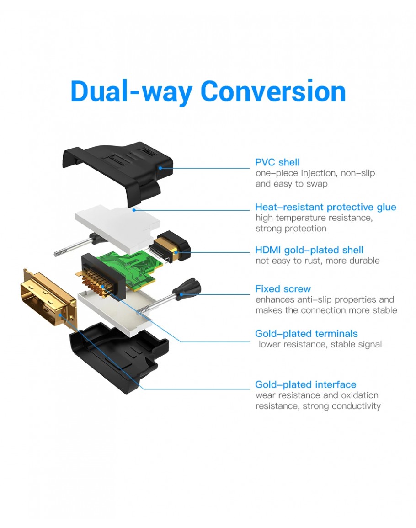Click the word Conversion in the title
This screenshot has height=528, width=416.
point(273,91)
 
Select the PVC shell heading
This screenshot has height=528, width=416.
point(277,162)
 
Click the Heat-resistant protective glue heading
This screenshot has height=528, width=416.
point(325,207)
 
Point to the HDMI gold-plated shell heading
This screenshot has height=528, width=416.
point(309,250)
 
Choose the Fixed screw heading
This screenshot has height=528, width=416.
point(283,289)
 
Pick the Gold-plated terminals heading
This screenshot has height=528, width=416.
point(306,333)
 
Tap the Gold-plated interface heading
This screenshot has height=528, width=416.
point(305,384)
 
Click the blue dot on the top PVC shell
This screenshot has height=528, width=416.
point(160,168)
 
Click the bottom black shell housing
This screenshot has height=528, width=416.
point(118,357)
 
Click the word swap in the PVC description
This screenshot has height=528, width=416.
point(317,184)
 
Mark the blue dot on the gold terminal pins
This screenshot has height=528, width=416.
point(102,287)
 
